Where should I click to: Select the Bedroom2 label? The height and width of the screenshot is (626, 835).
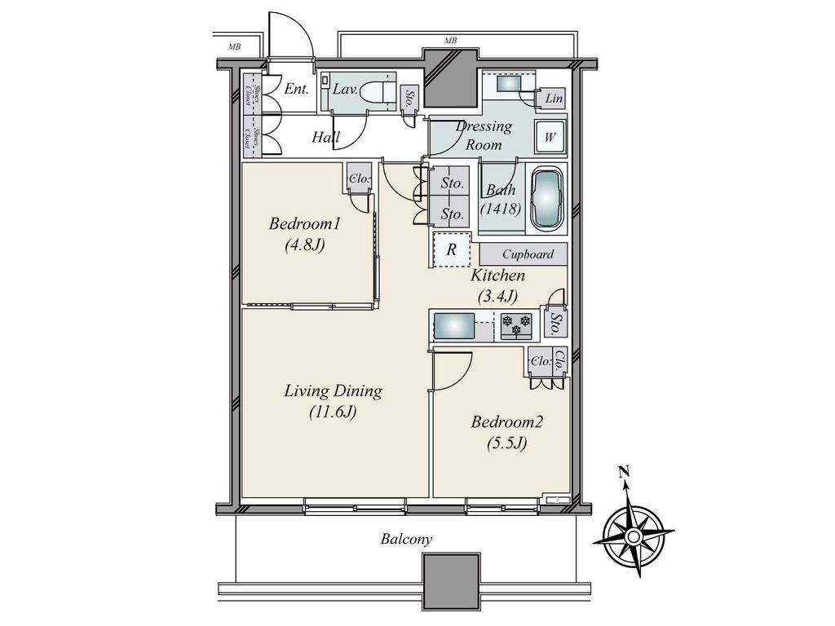coord(506,422)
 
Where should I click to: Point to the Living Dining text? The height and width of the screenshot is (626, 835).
coord(333,391)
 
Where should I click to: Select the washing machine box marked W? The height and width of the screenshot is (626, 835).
coord(550,137)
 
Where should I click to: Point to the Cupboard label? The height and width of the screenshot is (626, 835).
coord(528,254)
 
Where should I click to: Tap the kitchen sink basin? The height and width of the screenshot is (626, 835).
coord(454,327)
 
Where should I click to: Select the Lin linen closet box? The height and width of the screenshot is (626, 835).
coord(554,99)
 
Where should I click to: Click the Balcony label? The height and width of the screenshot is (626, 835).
coord(406,540)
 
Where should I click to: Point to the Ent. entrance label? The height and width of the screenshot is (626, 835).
coord(296,89)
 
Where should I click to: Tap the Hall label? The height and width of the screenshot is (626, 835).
coord(325,138)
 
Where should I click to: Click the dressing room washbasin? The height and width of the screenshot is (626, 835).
coord(511,84)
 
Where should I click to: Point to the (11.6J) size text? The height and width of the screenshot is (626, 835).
coord(333,412)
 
